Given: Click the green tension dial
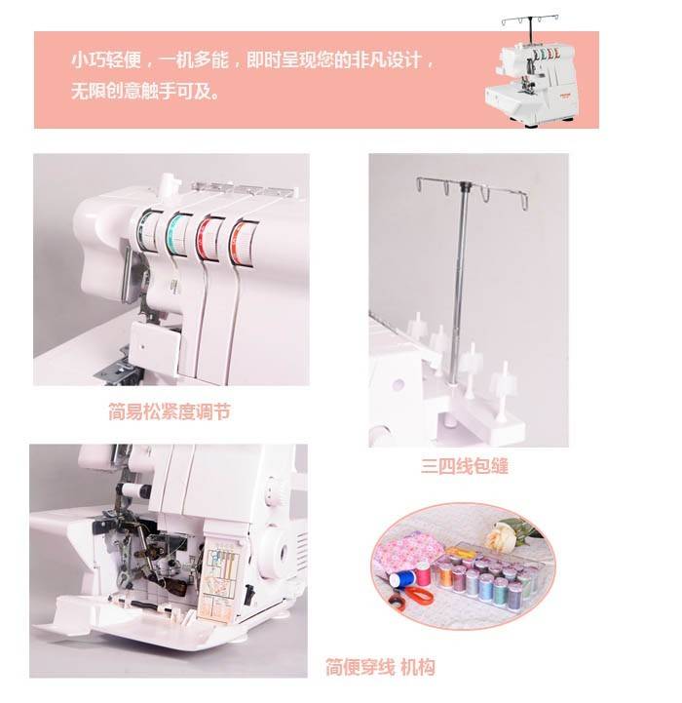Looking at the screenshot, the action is point(145,232).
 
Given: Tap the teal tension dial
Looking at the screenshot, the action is point(175,234).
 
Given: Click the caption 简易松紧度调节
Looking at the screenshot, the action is point(170,411).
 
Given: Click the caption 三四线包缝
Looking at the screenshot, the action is point(465,466).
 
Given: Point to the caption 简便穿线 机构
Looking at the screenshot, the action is point(380,667).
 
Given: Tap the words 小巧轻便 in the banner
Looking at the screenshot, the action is point(106,60).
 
